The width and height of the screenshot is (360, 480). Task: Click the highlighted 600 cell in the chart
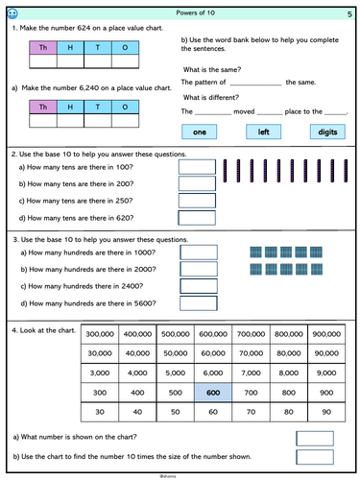(213, 393)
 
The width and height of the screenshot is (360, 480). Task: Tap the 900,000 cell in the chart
(326, 334)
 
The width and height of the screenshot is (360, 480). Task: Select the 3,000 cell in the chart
(100, 373)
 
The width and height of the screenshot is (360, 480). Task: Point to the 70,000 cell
(251, 353)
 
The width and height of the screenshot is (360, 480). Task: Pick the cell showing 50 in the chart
(176, 412)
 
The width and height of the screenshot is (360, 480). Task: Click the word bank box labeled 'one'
(200, 132)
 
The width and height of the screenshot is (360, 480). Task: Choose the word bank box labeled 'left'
(263, 132)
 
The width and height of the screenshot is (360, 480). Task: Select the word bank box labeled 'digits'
(327, 132)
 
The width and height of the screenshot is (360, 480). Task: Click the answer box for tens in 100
(197, 167)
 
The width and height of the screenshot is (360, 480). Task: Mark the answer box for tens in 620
(197, 218)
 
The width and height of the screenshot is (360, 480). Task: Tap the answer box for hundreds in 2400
(199, 286)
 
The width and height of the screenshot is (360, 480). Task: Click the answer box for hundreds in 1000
(199, 252)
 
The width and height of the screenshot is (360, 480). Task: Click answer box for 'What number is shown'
(315, 439)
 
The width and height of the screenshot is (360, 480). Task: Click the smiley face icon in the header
(12, 13)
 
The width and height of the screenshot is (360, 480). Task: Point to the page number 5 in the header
(349, 14)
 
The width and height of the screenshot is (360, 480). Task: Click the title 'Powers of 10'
(195, 12)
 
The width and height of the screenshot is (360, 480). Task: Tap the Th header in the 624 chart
(43, 48)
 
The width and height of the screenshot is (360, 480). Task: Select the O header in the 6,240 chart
(125, 107)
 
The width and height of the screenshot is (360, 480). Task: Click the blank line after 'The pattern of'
(255, 85)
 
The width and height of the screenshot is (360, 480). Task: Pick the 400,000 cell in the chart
(137, 334)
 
